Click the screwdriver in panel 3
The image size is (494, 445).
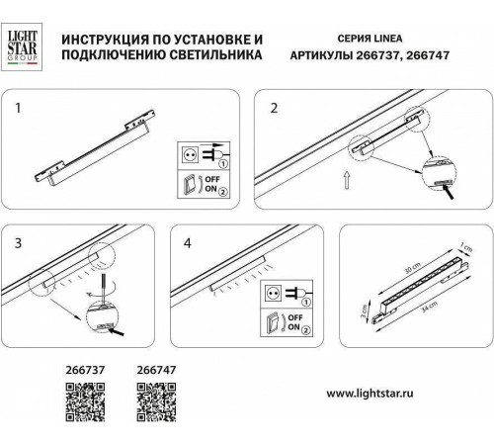click(x=103, y=292)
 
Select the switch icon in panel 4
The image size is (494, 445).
click(x=272, y=323)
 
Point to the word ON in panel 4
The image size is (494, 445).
click(x=293, y=329)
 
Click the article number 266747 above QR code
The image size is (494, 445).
click(x=152, y=377)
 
